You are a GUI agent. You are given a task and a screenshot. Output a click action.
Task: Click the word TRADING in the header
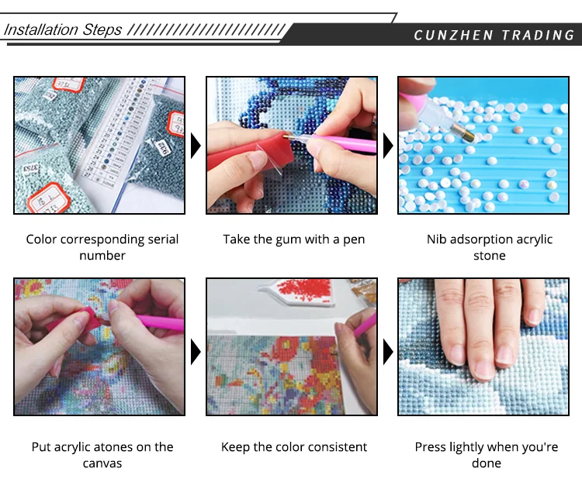[x=538, y=35]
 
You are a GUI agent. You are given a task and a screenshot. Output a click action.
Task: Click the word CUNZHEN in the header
[x=453, y=35]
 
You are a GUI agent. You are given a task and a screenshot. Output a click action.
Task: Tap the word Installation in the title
[x=41, y=29]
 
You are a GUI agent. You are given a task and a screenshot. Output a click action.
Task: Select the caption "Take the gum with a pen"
[x=293, y=239]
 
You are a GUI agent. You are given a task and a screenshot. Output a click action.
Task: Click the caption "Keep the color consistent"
[x=293, y=446]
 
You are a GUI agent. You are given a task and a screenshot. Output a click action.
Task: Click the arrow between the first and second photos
[x=196, y=146]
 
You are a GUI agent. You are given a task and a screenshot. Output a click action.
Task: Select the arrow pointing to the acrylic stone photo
[x=388, y=146]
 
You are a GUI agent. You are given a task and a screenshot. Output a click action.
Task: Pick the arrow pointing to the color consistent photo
[x=196, y=351]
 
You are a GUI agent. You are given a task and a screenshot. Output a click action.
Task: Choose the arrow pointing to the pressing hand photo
[x=388, y=351]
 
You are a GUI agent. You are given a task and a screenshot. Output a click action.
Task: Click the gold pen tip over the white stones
[x=462, y=133]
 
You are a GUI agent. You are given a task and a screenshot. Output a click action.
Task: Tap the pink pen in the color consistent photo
[x=365, y=325]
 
